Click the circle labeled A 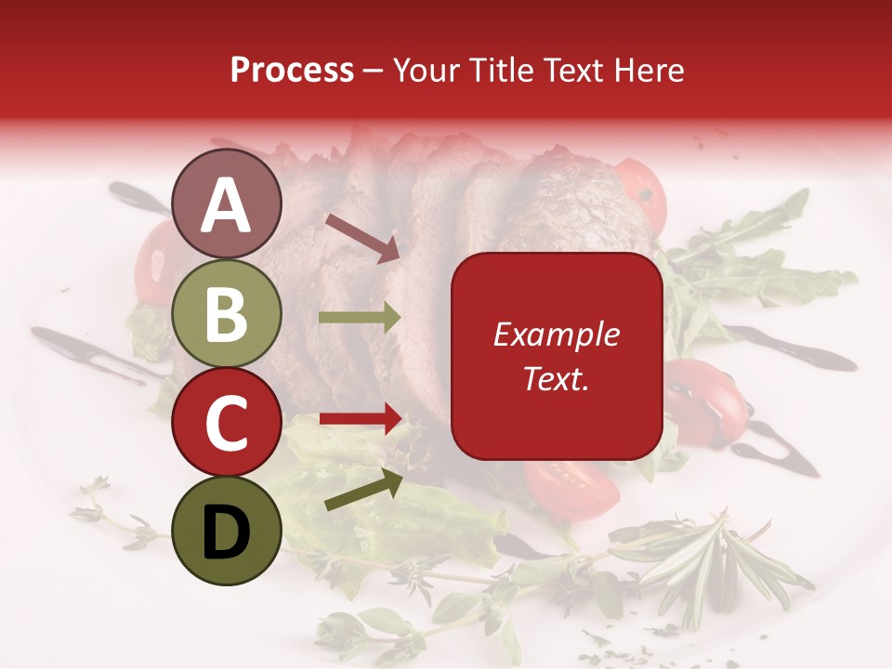coord(227,204)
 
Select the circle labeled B coord(227,313)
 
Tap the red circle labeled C coord(227,422)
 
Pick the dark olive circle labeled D coord(227,531)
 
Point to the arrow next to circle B coord(360,318)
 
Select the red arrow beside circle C coord(360,419)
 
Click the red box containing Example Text coord(556,356)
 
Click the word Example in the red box coord(556,334)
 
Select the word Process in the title coord(292,70)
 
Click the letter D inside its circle coord(227,532)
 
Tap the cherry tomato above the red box coord(643,195)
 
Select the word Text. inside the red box coord(556,378)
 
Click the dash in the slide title coord(374,71)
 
